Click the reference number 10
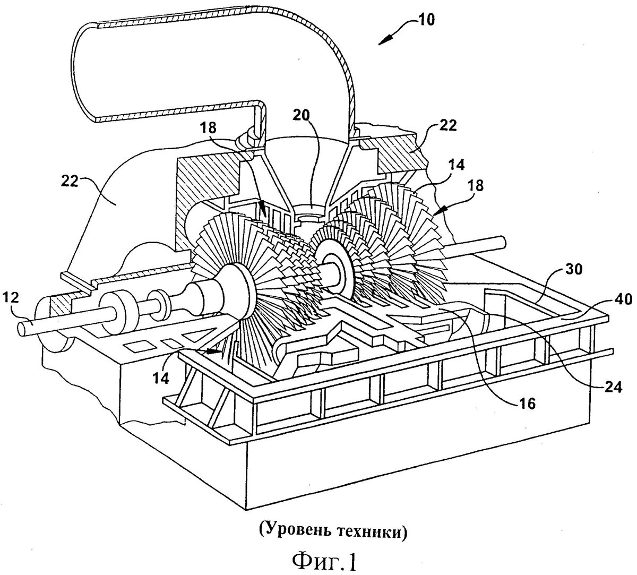point(425,20)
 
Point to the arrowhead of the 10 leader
point(384,41)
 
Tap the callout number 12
point(11,298)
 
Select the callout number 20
point(301,115)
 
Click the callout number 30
point(574,269)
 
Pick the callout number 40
point(624,299)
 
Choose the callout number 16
point(527,404)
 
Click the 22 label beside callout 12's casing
point(70,182)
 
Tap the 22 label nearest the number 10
point(447,125)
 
